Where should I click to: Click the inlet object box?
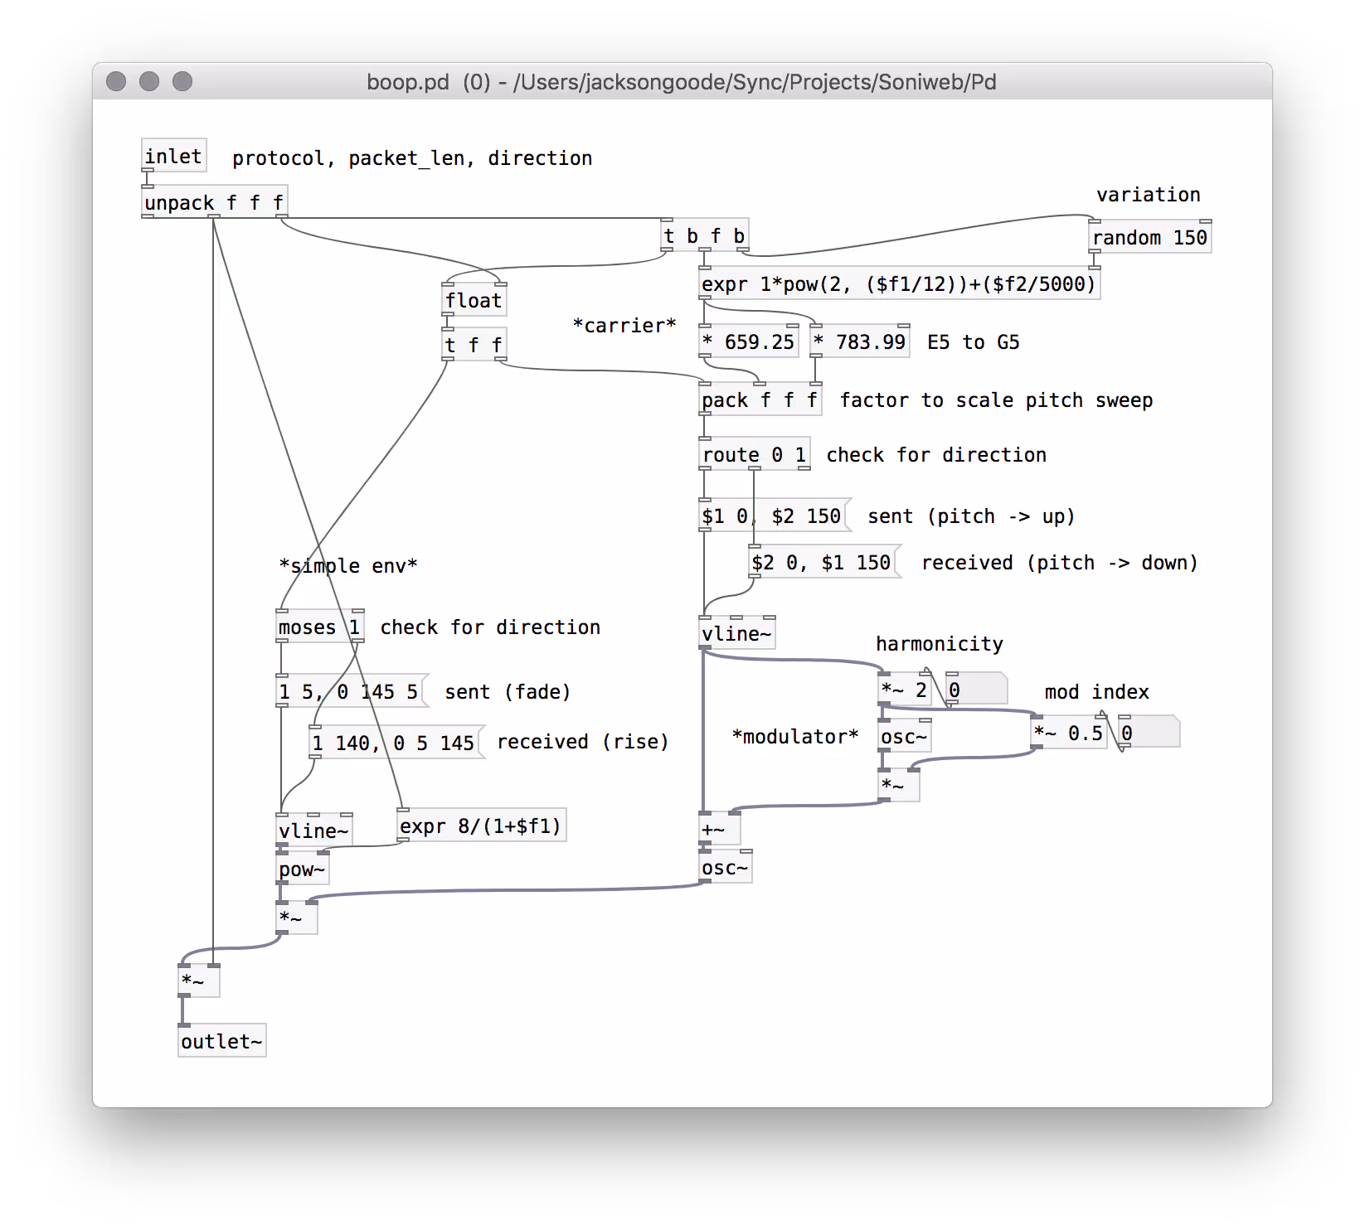coord(173,156)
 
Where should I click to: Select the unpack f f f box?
coord(214,202)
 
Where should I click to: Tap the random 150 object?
coord(1149,238)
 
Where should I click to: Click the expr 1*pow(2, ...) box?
coord(899,284)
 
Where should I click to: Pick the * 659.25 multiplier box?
coord(749,341)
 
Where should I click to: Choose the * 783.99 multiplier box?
coord(860,341)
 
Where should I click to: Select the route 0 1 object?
coord(754,454)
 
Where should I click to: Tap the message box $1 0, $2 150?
coord(773,516)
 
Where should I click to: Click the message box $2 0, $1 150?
coord(823,563)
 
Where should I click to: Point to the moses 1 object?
coord(319,627)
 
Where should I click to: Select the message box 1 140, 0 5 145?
coord(395,743)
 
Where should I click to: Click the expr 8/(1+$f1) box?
coord(481,826)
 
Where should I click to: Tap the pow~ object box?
coord(303,869)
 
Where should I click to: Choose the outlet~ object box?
coord(221,1041)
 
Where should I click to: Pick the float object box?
coord(474,300)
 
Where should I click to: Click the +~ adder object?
coord(718,829)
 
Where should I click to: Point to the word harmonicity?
coord(940,644)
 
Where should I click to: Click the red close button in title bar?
coord(116,81)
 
